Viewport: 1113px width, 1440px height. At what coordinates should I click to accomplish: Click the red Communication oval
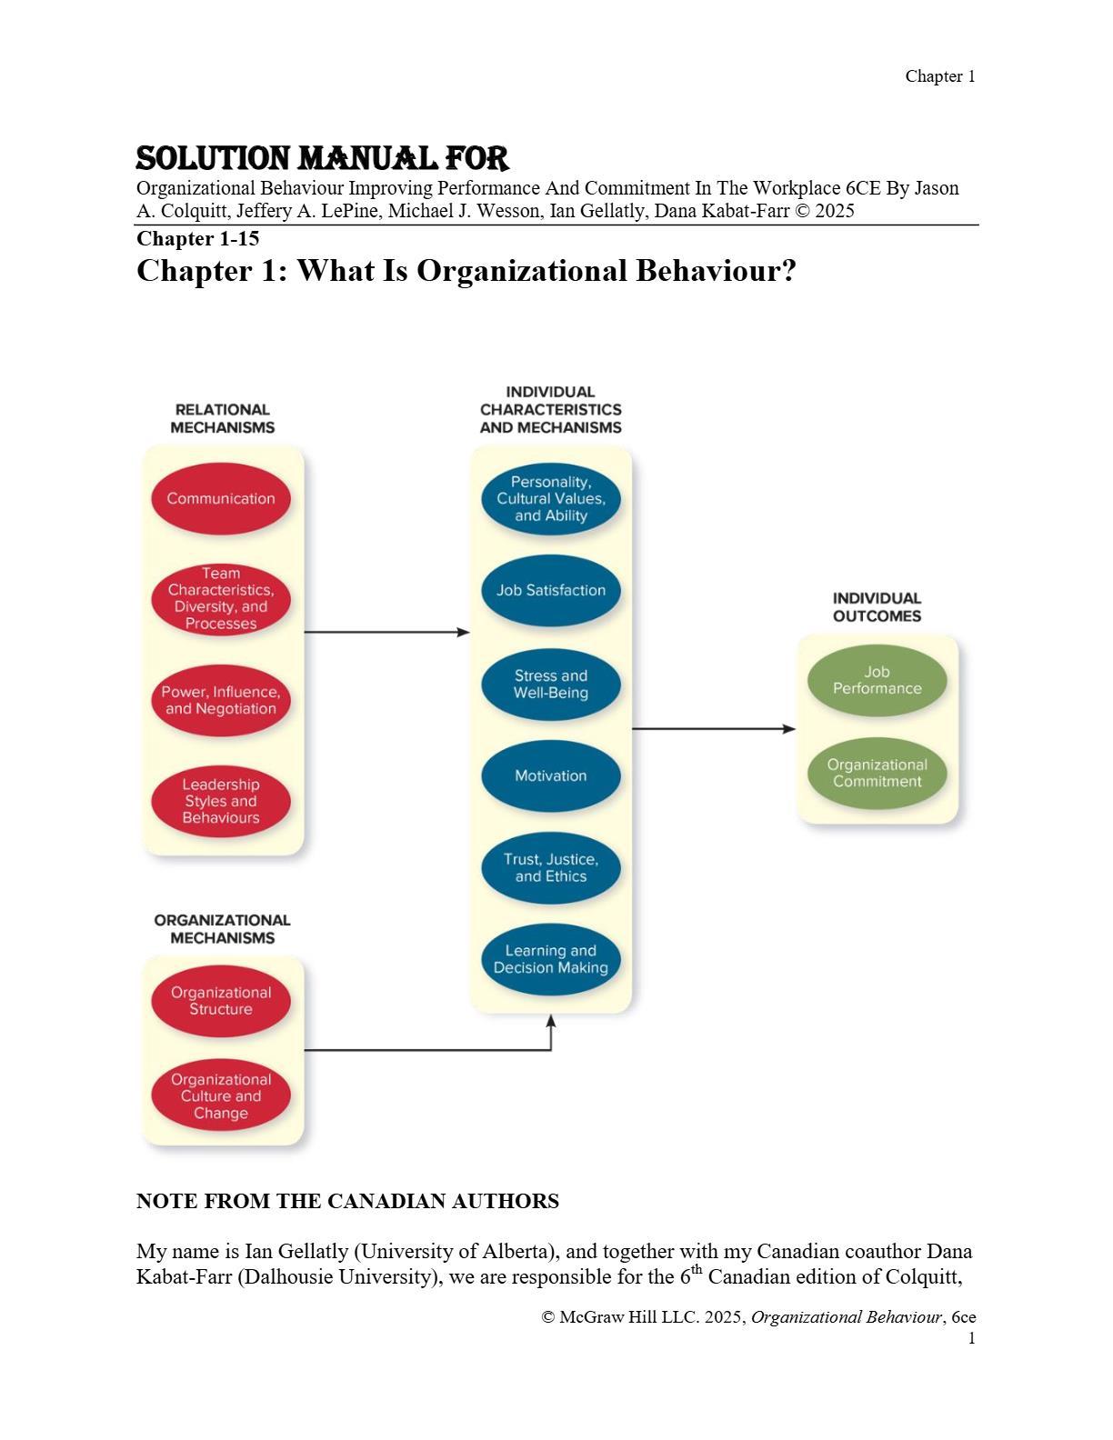pyautogui.click(x=221, y=498)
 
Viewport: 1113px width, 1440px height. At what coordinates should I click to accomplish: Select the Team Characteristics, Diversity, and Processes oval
pyautogui.click(x=221, y=598)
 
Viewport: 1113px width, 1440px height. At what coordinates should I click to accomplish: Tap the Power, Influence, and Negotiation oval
pyautogui.click(x=221, y=700)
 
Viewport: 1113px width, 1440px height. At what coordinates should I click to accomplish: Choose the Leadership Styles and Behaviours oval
pyautogui.click(x=221, y=801)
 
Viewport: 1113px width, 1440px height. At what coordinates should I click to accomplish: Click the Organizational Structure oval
pyautogui.click(x=221, y=1001)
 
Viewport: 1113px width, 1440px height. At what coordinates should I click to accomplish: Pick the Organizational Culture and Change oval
pyautogui.click(x=221, y=1095)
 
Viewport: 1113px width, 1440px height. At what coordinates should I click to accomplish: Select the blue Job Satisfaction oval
pyautogui.click(x=551, y=590)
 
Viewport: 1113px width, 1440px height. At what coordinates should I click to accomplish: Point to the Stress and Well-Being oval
pyautogui.click(x=551, y=684)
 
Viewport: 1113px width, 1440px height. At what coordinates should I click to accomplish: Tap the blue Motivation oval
pyautogui.click(x=551, y=775)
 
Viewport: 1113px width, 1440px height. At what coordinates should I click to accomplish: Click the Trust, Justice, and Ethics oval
pyautogui.click(x=551, y=867)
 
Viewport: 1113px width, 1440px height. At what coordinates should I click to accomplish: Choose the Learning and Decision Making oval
pyautogui.click(x=551, y=959)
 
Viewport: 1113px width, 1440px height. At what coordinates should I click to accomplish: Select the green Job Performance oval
pyautogui.click(x=877, y=680)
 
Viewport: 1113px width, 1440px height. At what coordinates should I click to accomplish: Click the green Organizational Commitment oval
pyautogui.click(x=877, y=773)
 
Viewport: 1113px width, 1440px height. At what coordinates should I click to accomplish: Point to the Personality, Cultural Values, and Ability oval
pyautogui.click(x=551, y=498)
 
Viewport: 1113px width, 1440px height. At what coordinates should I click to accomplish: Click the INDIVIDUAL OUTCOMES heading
pyautogui.click(x=877, y=607)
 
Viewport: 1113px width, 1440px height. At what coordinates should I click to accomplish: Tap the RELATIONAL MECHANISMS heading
pyautogui.click(x=222, y=418)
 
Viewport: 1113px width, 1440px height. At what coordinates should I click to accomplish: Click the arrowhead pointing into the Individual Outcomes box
pyautogui.click(x=789, y=728)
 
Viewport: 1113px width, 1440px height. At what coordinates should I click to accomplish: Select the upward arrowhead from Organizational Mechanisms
pyautogui.click(x=551, y=1022)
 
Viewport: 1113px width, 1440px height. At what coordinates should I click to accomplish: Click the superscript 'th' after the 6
pyautogui.click(x=697, y=1270)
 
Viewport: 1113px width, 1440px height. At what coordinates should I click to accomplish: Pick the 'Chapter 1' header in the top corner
pyautogui.click(x=939, y=76)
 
